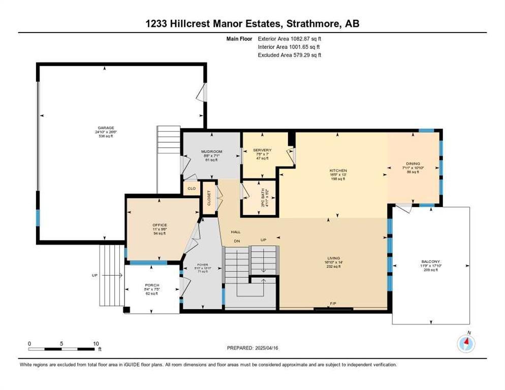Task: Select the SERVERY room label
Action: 262,150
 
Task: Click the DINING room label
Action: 413,164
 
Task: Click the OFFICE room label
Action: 160,225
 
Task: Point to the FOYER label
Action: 202,265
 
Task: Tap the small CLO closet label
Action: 192,188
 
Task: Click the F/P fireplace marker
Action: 333,304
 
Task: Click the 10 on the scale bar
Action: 96,343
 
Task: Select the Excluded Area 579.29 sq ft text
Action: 290,55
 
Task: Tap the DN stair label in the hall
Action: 236,241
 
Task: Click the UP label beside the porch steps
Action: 94,275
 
